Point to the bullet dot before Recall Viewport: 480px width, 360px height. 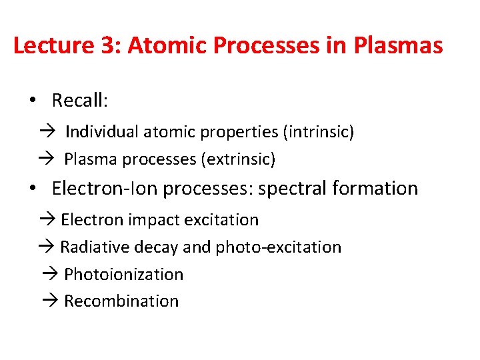(x=32, y=100)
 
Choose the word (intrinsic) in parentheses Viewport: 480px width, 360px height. (x=319, y=132)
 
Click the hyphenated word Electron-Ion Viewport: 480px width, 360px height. (x=105, y=189)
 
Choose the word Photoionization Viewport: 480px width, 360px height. (x=123, y=275)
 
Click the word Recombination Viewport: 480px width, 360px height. (x=121, y=301)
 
